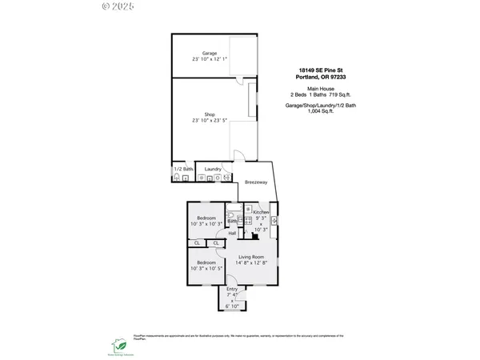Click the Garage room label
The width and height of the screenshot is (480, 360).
point(209,53)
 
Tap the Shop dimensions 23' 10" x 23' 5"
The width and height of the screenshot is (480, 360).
point(210,121)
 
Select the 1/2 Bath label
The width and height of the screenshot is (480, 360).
point(183,169)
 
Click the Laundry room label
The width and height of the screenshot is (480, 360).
point(213,169)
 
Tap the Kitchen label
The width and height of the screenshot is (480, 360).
point(262,211)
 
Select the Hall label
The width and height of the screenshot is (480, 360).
point(232,234)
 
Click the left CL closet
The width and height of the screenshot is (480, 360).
point(197,243)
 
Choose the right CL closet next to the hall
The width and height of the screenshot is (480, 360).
point(216,243)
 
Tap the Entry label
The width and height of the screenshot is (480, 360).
point(232,289)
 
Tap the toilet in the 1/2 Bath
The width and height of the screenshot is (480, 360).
point(186,178)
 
